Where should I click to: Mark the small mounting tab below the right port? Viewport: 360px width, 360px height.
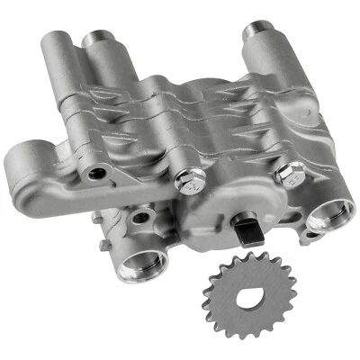(310, 236)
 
